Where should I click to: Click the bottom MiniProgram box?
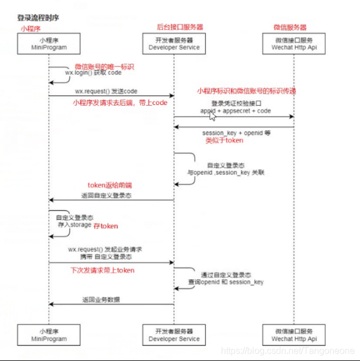point(49,335)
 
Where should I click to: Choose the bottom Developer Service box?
point(174,335)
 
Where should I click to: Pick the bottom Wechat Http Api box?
point(294,335)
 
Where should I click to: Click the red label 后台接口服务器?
point(179,27)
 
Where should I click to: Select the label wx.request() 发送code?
point(106,91)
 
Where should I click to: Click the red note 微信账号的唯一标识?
point(104,66)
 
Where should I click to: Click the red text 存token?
point(106,226)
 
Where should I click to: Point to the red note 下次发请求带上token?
point(102,271)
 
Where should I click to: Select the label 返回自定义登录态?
point(108,195)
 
